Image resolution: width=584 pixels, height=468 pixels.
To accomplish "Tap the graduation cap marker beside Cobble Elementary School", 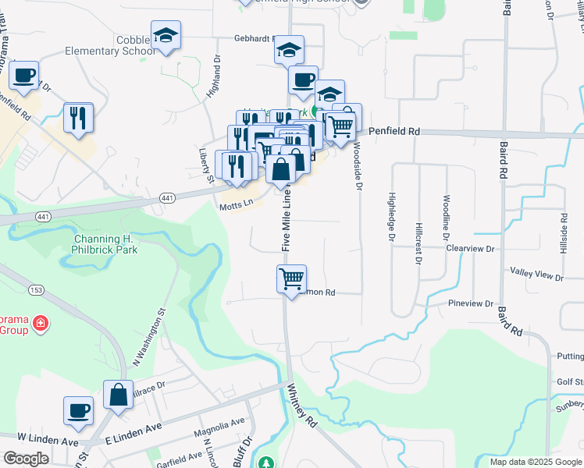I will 165,36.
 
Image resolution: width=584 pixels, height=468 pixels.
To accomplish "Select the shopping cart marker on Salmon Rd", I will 291,278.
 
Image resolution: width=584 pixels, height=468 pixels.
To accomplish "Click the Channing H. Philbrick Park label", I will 105,244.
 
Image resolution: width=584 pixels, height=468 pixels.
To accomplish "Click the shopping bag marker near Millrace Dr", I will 118,395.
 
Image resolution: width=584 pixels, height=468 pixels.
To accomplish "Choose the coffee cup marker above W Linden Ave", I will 78,411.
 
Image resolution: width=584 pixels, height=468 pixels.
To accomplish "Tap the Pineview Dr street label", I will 472,303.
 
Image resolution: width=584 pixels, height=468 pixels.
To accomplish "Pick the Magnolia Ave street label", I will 222,426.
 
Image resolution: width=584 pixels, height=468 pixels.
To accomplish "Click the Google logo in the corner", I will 26,459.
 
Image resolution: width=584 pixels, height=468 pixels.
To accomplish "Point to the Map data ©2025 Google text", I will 536,462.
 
